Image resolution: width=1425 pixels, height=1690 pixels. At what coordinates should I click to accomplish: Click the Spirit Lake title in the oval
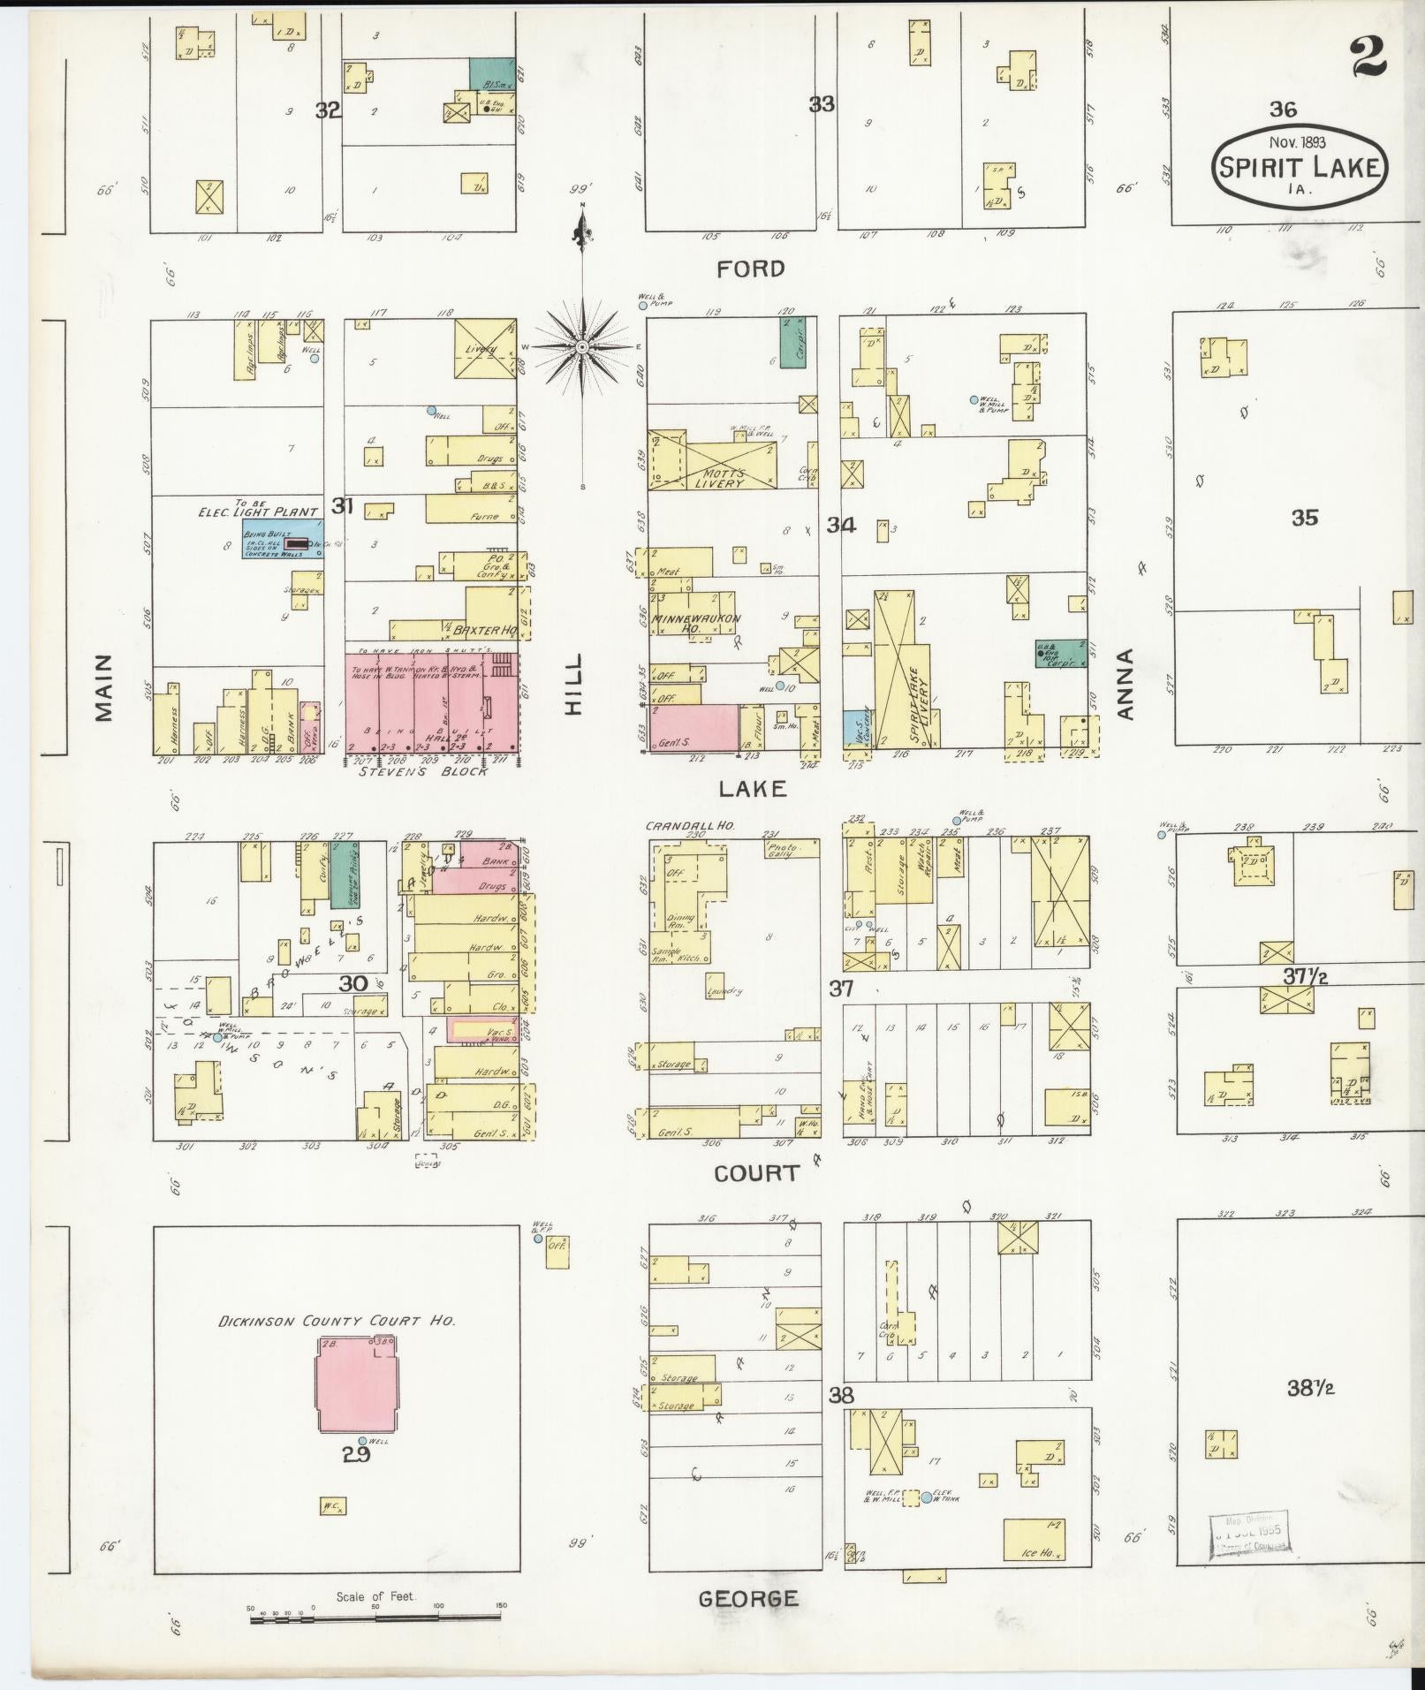[x=1299, y=167]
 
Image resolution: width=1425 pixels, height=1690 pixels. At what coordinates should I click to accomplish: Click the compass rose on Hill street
[x=582, y=348]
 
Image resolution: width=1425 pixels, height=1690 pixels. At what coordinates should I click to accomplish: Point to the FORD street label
[x=750, y=269]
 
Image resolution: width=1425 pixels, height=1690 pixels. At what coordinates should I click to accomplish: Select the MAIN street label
[x=105, y=687]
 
